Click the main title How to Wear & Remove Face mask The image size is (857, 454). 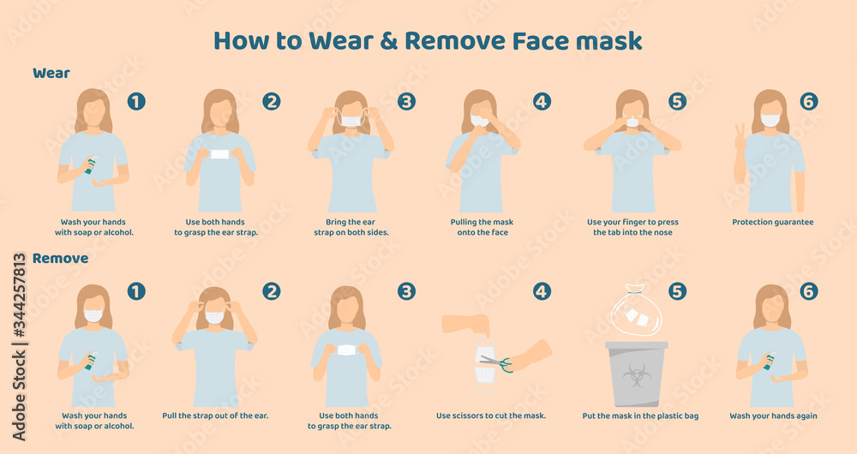(x=428, y=40)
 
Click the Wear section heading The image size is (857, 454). (x=51, y=73)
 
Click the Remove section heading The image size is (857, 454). (x=60, y=258)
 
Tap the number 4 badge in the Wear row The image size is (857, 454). (x=542, y=101)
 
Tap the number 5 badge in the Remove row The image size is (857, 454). (x=677, y=291)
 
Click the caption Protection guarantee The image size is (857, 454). (x=772, y=222)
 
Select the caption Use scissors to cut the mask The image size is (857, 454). (x=491, y=416)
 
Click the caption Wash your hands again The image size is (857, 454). (x=772, y=416)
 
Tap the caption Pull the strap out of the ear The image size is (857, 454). (x=215, y=416)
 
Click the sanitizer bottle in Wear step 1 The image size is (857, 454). (x=89, y=165)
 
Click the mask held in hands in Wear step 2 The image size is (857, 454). (x=220, y=154)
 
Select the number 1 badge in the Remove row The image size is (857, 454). (x=136, y=291)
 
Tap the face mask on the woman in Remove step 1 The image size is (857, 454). (x=93, y=315)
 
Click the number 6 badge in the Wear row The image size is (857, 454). (x=809, y=101)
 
